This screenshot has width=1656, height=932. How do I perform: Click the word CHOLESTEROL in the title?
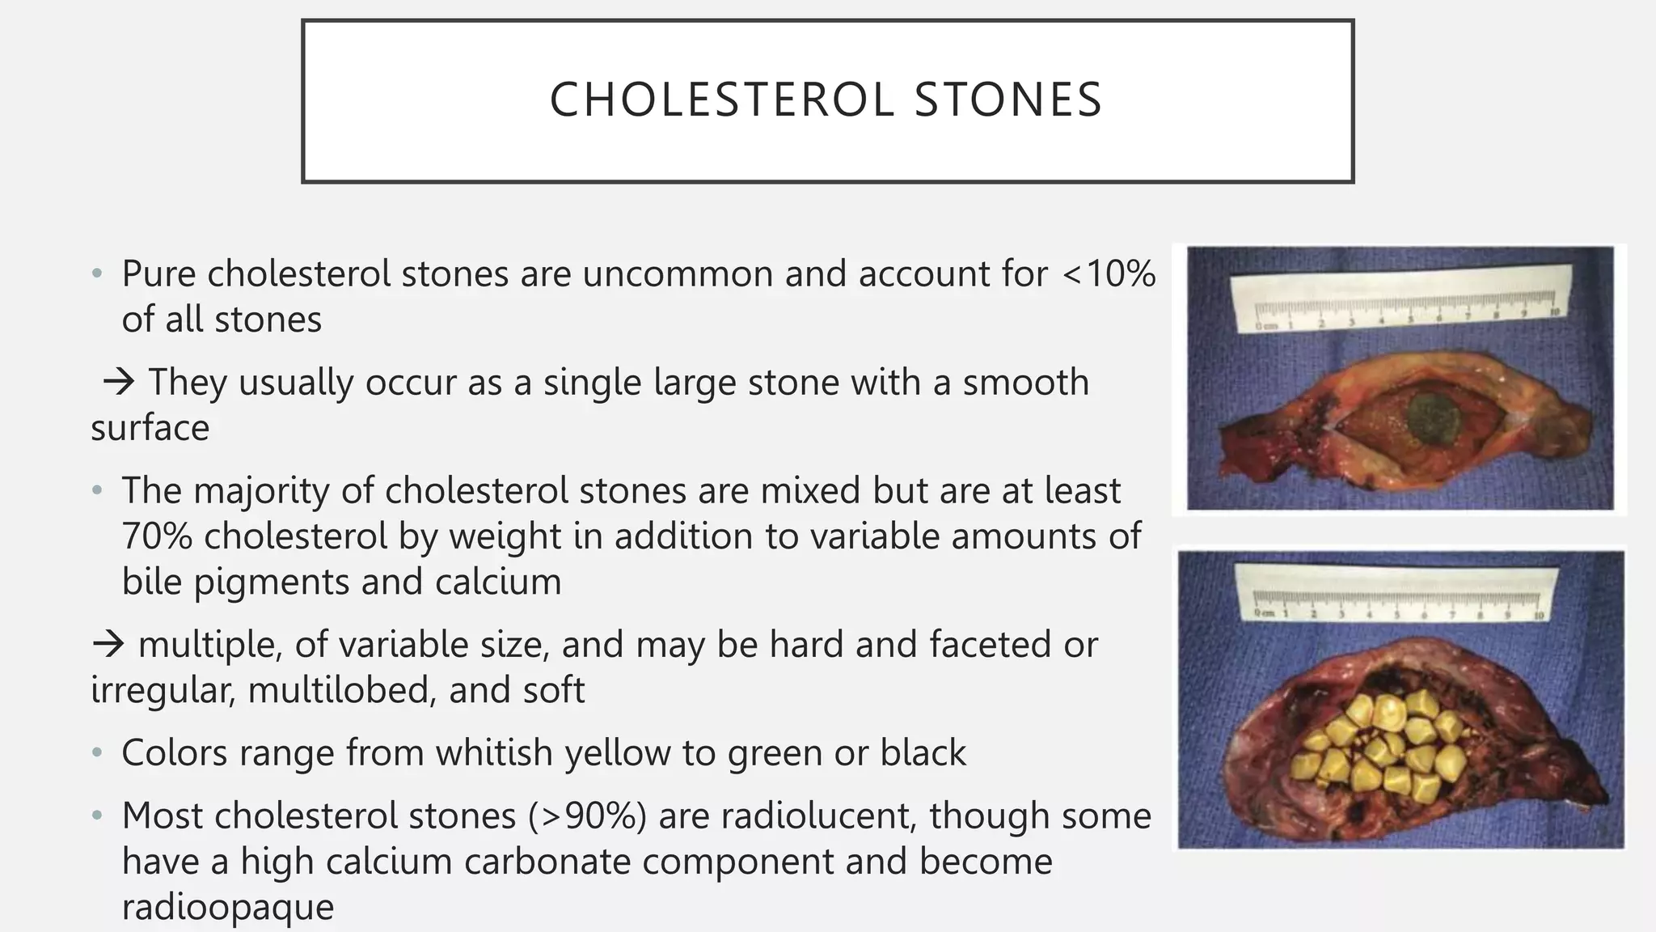pyautogui.click(x=722, y=100)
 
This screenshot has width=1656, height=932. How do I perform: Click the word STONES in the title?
pyautogui.click(x=1008, y=100)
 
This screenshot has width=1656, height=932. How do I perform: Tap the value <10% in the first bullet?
pyautogui.click(x=1109, y=273)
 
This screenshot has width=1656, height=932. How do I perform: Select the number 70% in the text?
pyautogui.click(x=157, y=536)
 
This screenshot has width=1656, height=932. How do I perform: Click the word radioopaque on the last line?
pyautogui.click(x=228, y=907)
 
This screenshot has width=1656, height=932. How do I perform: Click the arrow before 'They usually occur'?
pyautogui.click(x=119, y=382)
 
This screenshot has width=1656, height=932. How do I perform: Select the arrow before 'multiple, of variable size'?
pyautogui.click(x=108, y=645)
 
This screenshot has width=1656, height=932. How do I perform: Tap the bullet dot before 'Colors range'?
pyautogui.click(x=97, y=753)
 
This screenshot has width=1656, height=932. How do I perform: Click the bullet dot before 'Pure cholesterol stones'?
pyautogui.click(x=97, y=274)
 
